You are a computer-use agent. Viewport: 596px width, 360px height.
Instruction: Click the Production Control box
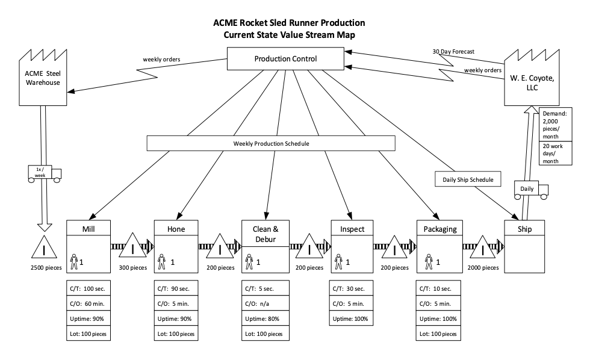285,59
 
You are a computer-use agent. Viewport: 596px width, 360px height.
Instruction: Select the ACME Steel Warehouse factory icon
42,78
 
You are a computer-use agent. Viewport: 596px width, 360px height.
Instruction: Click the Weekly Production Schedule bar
271,143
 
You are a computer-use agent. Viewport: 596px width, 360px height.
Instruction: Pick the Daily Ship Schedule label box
464,179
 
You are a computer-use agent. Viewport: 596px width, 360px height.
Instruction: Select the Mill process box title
88,229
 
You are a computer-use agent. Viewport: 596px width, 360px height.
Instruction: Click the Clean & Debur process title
265,234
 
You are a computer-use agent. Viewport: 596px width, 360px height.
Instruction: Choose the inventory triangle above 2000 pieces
483,247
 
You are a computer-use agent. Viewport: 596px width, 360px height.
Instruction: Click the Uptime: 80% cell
265,318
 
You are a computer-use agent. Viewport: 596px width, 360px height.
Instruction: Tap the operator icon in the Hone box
162,262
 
